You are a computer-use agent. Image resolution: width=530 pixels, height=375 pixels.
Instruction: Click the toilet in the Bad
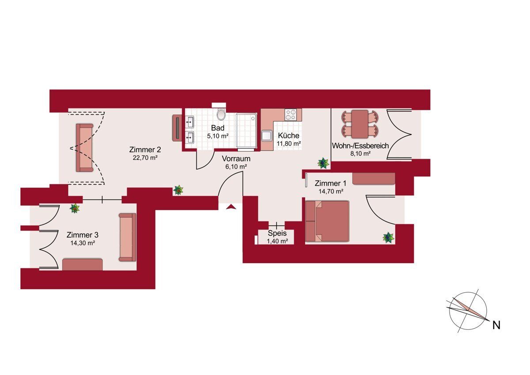click(221, 114)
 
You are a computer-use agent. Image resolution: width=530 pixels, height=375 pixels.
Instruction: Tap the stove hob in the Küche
click(290, 115)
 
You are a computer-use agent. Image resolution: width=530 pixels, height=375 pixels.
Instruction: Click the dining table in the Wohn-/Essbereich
click(360, 124)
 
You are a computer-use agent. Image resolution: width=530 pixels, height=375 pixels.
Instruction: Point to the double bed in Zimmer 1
click(327, 221)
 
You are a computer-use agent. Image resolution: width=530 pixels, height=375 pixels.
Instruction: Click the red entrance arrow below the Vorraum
click(231, 207)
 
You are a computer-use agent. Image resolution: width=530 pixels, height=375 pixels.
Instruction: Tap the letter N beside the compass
click(496, 325)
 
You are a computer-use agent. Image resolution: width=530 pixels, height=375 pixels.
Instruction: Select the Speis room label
click(277, 233)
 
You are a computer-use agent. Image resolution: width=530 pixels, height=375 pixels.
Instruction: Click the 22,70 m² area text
click(145, 158)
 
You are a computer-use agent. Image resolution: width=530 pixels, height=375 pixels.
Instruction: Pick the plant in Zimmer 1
click(388, 237)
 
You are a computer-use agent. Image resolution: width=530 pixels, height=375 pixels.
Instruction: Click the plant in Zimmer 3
click(75, 208)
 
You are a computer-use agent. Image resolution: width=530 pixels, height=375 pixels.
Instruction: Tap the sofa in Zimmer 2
click(84, 147)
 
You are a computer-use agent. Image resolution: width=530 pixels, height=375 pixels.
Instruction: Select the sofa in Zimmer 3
click(128, 237)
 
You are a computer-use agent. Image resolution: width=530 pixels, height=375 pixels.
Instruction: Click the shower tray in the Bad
click(246, 131)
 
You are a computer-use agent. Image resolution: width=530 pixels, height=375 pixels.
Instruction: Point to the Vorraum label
click(236, 158)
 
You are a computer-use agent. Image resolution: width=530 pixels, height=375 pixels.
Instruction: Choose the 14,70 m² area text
click(331, 191)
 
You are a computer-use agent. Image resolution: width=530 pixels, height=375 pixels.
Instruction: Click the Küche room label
click(288, 135)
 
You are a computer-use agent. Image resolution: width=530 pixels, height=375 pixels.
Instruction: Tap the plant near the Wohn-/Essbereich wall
click(323, 163)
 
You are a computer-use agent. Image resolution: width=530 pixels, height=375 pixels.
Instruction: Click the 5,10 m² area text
click(218, 136)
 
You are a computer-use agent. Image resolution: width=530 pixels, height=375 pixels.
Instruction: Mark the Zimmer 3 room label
click(82, 235)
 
